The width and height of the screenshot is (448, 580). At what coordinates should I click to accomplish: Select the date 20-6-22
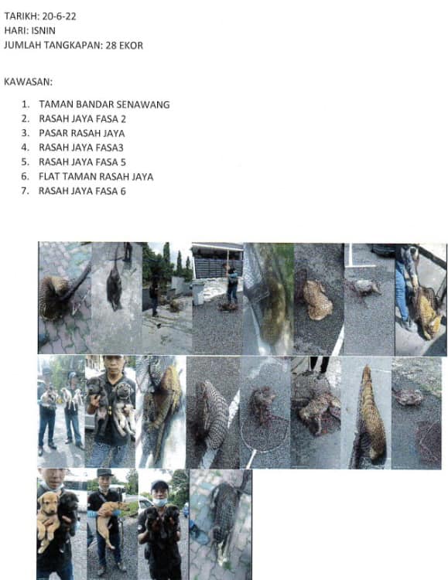[60, 16]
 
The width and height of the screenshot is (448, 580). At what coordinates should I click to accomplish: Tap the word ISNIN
[43, 31]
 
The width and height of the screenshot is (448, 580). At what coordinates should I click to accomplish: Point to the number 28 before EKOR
[111, 46]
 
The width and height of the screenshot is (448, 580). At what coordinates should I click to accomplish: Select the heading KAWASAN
[28, 82]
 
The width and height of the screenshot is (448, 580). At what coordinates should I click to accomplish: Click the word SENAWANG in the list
[143, 104]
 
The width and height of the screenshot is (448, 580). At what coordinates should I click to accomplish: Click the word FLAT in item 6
[49, 176]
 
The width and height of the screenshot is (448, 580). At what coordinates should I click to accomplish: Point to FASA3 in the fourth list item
[110, 148]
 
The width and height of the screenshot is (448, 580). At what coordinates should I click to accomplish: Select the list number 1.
[26, 104]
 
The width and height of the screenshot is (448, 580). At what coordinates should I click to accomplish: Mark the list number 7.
[26, 191]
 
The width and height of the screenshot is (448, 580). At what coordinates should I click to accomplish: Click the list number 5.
[26, 162]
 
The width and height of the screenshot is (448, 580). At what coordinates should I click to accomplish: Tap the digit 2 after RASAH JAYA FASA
[123, 119]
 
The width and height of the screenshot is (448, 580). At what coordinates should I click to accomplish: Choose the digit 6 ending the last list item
[123, 191]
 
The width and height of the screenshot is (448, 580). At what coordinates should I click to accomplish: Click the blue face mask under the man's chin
[159, 503]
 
